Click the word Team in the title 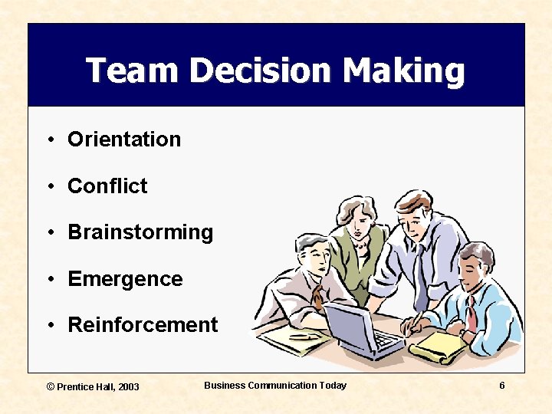click(x=131, y=71)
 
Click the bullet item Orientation click(x=124, y=140)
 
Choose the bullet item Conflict click(x=107, y=186)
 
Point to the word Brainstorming click(x=140, y=233)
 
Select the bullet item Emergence click(x=125, y=279)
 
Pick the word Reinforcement click(x=143, y=325)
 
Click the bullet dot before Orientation click(x=48, y=140)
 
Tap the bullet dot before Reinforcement click(x=48, y=326)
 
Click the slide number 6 click(x=501, y=386)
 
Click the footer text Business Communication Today click(x=275, y=386)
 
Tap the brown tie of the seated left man click(x=317, y=295)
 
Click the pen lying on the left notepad click(x=302, y=336)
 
